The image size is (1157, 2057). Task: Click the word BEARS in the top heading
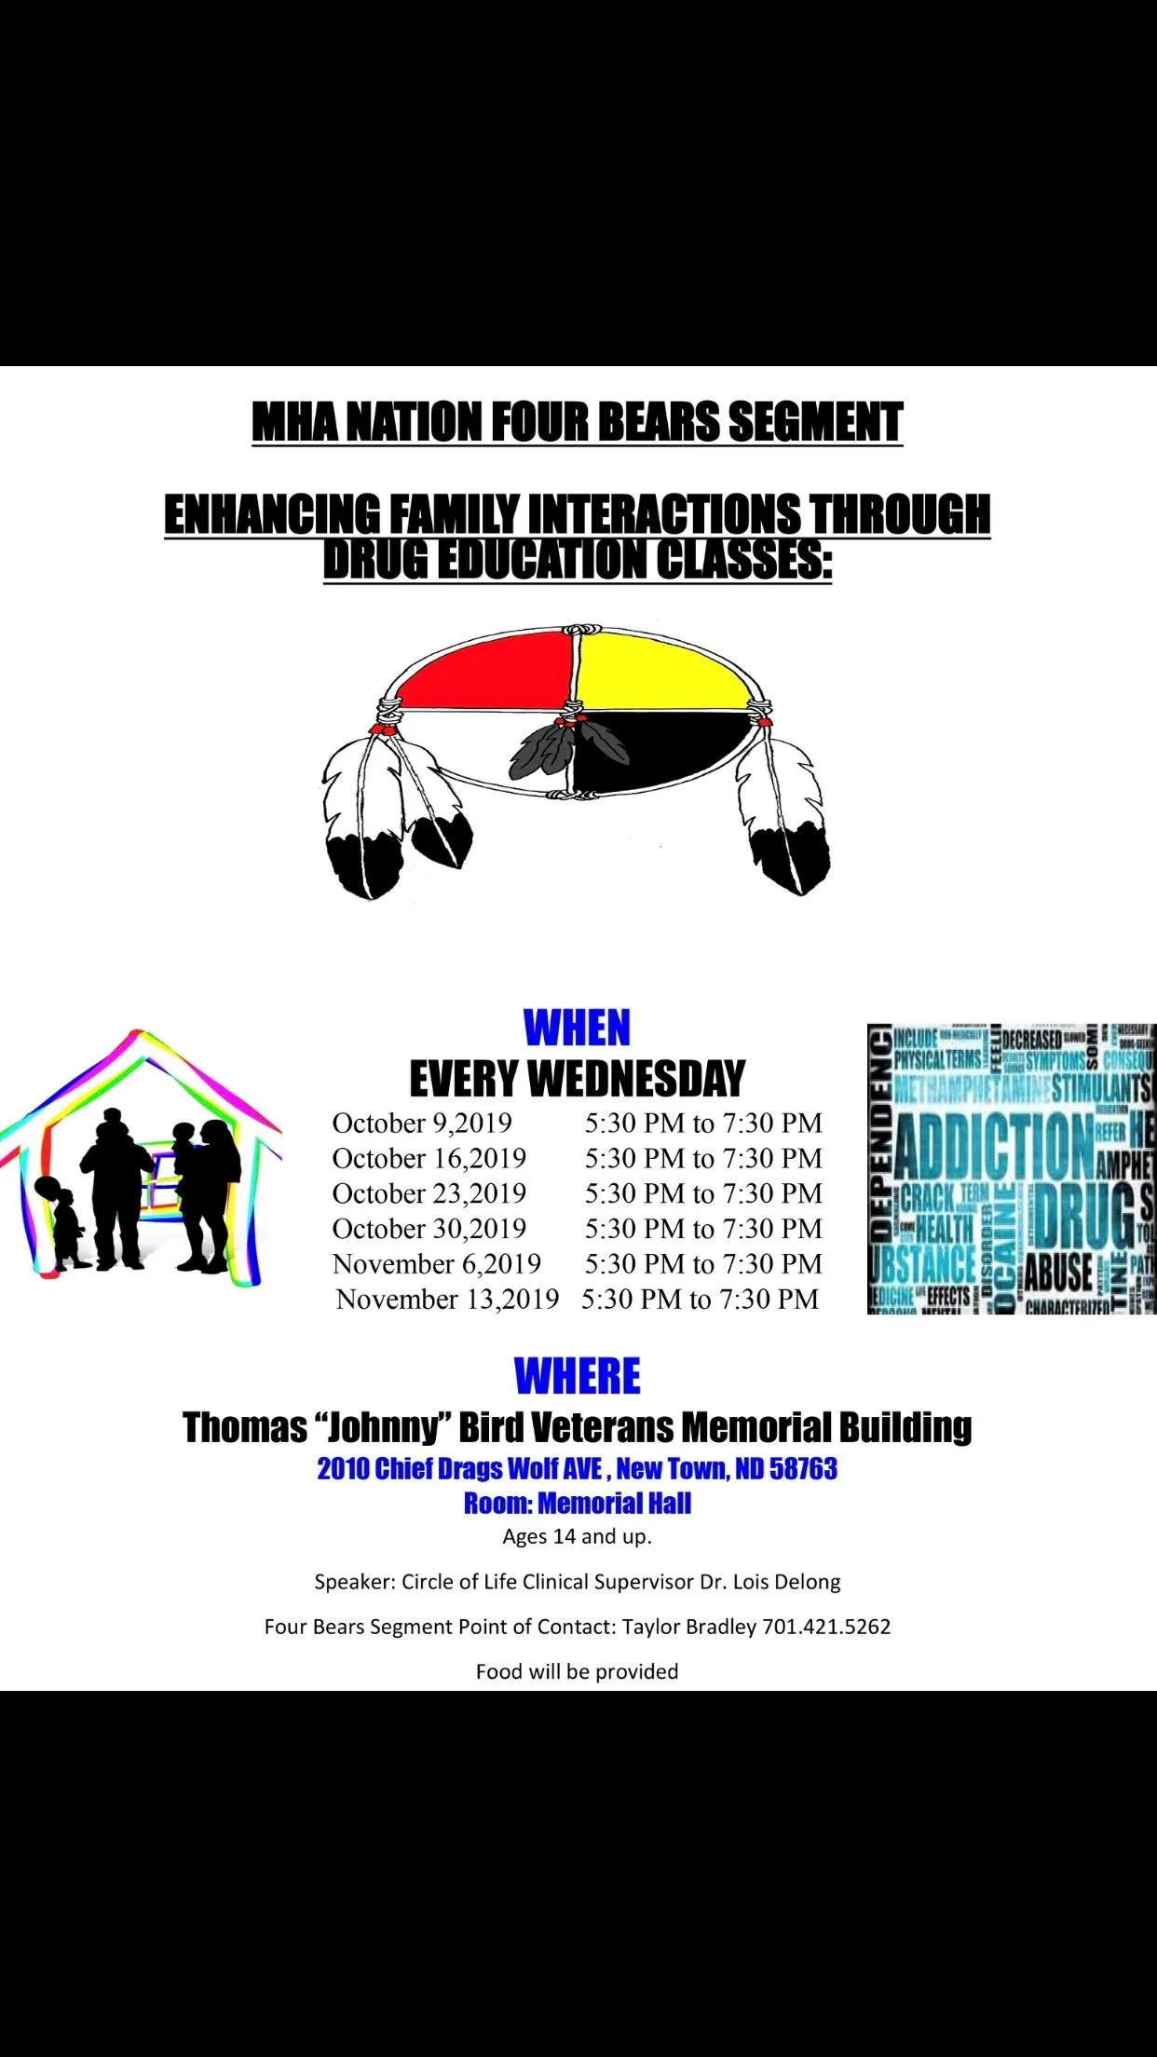point(658,423)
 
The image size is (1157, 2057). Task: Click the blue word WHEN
point(577,1028)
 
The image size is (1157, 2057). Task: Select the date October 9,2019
point(422,1124)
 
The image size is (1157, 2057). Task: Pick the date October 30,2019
point(429,1229)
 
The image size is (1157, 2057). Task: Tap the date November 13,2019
point(447,1300)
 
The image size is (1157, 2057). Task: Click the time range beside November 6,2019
point(703,1264)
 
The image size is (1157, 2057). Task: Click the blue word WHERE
point(577,1376)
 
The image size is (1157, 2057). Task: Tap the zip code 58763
point(803,1469)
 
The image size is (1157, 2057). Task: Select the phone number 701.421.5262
point(826,1627)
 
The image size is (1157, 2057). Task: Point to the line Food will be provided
point(577,1671)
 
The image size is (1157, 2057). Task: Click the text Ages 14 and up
point(577,1536)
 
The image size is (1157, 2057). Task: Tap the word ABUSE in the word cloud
point(1058,1273)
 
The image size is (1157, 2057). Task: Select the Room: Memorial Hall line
point(577,1503)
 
